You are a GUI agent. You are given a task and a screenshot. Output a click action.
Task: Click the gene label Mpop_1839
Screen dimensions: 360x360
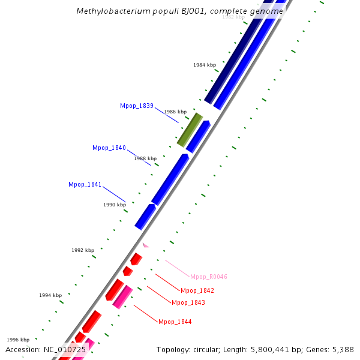click(x=136, y=106)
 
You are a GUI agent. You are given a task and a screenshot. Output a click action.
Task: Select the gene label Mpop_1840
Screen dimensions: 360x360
click(x=109, y=148)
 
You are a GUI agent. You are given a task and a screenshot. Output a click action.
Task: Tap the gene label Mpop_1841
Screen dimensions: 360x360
click(x=85, y=184)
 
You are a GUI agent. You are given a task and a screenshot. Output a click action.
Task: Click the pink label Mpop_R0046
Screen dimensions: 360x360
click(x=209, y=277)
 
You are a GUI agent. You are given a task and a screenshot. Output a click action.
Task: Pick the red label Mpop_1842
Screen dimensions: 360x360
click(x=197, y=290)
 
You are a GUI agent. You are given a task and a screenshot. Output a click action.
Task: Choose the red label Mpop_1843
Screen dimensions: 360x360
click(x=188, y=302)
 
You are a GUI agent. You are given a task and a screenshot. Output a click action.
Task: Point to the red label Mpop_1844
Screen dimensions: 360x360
click(x=175, y=322)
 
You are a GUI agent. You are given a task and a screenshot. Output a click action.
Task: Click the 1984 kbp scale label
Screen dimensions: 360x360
click(x=205, y=65)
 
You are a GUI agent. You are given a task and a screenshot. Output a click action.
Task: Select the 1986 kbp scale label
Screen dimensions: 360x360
click(x=175, y=112)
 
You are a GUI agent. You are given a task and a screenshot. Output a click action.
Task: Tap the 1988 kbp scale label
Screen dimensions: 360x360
click(x=145, y=158)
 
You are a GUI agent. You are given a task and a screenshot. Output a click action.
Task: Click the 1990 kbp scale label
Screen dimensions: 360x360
click(x=115, y=205)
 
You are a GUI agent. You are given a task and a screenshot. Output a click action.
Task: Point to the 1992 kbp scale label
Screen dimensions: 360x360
click(x=83, y=250)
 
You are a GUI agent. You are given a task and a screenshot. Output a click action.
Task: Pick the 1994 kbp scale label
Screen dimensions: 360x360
click(x=50, y=295)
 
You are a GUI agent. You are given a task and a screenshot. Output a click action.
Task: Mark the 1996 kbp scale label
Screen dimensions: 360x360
click(x=18, y=340)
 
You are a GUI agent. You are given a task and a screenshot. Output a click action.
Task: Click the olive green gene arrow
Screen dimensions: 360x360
click(x=190, y=130)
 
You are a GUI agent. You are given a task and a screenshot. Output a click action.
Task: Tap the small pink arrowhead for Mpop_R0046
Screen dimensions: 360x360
click(x=145, y=245)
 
